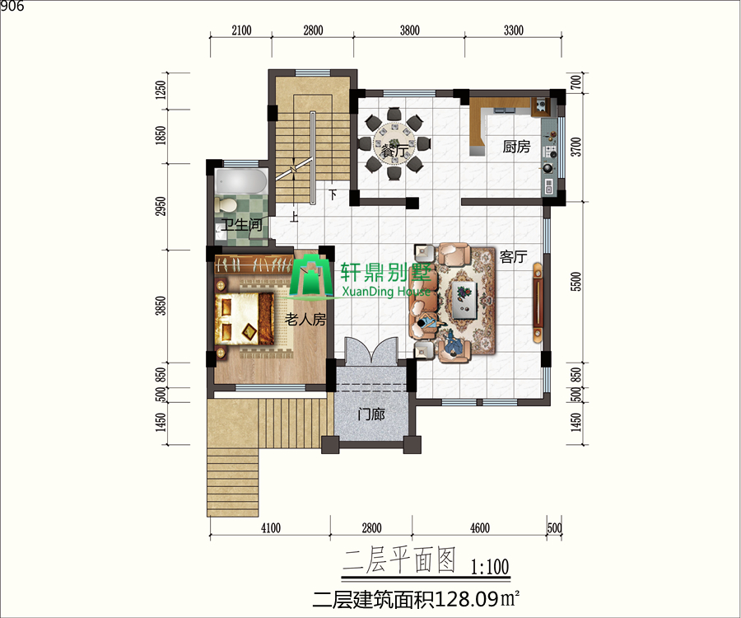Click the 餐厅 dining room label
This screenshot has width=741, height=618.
[x=394, y=152]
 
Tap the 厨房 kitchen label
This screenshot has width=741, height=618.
[x=516, y=147]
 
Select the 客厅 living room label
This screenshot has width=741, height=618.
[x=513, y=257]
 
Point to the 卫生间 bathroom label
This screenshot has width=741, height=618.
[x=241, y=224]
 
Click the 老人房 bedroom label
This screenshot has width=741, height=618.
[x=305, y=320]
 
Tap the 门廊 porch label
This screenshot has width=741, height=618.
[x=371, y=414]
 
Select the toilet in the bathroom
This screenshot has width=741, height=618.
[x=226, y=204]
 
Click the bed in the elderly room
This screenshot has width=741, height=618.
[x=245, y=319]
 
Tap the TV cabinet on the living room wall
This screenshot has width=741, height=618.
[x=538, y=302]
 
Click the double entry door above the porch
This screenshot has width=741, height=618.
[x=371, y=350]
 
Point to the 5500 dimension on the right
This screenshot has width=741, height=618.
[x=576, y=281]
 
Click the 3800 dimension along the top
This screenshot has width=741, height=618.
[x=409, y=30]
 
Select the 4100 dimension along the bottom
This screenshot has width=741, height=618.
[x=270, y=527]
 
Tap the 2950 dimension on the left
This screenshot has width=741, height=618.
[x=161, y=207]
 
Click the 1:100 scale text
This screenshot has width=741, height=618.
[x=490, y=566]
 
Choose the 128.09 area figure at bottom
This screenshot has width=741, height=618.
[x=467, y=600]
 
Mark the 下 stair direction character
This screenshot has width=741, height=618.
[x=333, y=194]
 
